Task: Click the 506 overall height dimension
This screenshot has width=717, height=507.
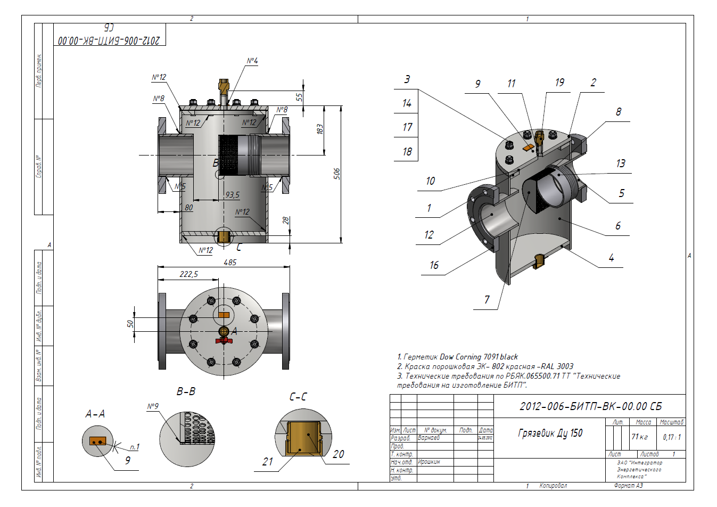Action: [x=336, y=174]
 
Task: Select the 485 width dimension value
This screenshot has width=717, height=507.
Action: [x=230, y=263]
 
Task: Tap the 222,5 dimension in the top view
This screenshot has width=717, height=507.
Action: [x=188, y=274]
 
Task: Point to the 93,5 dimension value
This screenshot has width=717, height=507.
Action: [x=232, y=195]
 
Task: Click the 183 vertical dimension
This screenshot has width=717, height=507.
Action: [x=319, y=129]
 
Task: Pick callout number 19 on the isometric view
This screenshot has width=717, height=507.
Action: [x=559, y=83]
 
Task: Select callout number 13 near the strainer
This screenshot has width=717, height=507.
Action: [x=621, y=163]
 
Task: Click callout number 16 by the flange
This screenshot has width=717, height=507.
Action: [x=434, y=265]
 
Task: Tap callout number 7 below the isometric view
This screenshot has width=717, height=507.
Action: [x=487, y=299]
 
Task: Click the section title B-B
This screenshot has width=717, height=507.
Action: [x=186, y=391]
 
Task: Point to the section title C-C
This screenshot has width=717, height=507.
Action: [x=298, y=397]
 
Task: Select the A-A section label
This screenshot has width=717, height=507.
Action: [x=95, y=414]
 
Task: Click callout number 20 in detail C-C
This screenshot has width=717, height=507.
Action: [x=339, y=454]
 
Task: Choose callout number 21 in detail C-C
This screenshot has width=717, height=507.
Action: [x=268, y=462]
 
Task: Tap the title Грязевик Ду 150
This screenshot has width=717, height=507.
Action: [x=550, y=434]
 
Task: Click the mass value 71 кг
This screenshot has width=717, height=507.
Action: [x=639, y=437]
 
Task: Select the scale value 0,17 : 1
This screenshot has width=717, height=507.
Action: [x=671, y=437]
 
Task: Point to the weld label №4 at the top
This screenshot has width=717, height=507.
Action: [x=252, y=61]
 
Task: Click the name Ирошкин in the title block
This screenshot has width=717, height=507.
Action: [x=429, y=462]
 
